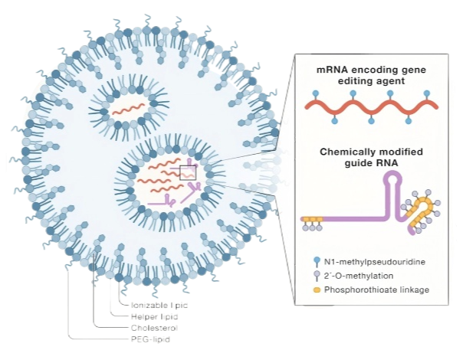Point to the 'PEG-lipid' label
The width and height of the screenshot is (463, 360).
[x=150, y=338]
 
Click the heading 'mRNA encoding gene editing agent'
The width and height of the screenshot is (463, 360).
[x=373, y=75]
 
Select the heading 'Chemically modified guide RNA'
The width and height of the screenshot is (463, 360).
[x=373, y=158]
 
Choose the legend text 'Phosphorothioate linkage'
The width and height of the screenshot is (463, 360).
[x=376, y=289]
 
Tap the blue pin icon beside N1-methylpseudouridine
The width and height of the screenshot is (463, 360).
[x=316, y=262]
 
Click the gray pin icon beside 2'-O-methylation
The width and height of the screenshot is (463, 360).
[x=316, y=276]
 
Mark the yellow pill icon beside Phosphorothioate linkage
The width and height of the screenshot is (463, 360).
[x=316, y=289]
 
